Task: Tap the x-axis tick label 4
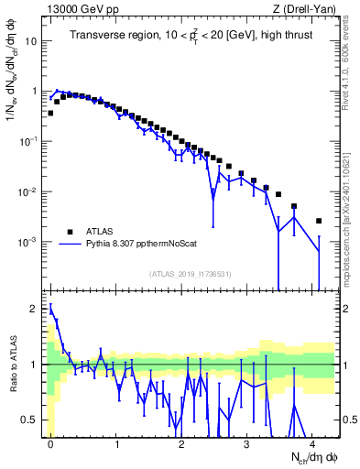coord(312,442)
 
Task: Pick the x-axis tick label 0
coord(50,442)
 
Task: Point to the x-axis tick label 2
coord(181,442)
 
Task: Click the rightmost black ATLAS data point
coord(319,221)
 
